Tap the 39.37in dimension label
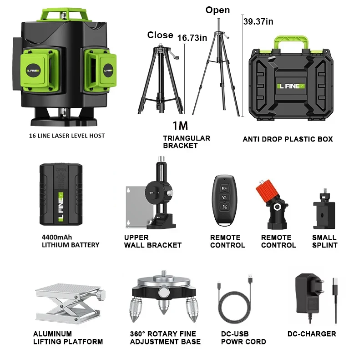[x=258, y=21]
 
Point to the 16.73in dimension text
[x=189, y=38]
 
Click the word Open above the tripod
[x=217, y=10]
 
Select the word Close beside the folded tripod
[x=160, y=35]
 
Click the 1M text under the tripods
[x=180, y=126]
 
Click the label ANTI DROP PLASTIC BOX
[x=288, y=139]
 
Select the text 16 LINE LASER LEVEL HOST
[x=67, y=136]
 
